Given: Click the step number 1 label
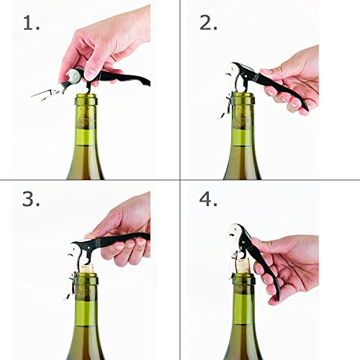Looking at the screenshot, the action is (32, 23).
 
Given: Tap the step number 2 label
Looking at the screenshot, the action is (208, 23).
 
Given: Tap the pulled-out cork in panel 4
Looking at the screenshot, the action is (243, 266).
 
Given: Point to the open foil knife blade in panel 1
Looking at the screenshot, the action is (45, 94).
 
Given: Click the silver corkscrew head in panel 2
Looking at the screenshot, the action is (232, 73).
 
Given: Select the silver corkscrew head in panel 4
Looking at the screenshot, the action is (236, 234).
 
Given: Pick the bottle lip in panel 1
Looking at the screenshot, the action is (86, 99).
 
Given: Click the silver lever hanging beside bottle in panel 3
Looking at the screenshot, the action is (70, 286).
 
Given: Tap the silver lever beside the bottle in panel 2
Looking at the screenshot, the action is (225, 106).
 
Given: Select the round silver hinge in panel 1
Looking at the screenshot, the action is (73, 75).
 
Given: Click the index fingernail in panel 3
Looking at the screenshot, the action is (91, 234).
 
